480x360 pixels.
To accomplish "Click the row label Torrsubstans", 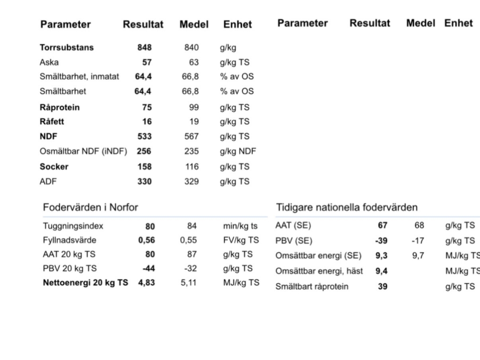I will tap(67, 47).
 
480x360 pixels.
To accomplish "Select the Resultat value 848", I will tap(144, 47).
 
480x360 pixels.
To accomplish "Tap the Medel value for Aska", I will tap(194, 62).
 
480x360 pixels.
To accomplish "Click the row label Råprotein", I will tap(60, 107).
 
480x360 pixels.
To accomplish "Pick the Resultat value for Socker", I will tap(144, 167).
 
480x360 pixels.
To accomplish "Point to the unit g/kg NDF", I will tap(238, 151).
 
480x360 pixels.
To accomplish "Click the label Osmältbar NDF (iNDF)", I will tap(84, 151).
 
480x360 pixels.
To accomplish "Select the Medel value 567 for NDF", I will tap(191, 137).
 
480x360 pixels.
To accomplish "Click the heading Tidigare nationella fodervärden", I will tap(347, 207).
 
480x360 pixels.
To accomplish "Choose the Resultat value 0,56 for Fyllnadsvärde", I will tap(147, 241).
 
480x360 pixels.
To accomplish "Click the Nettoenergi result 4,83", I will tap(147, 283).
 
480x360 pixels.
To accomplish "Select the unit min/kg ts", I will tap(240, 226).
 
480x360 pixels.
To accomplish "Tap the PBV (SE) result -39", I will tap(381, 241).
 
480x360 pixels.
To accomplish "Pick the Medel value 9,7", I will tap(418, 255).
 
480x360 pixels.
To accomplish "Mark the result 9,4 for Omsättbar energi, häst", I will tap(381, 271).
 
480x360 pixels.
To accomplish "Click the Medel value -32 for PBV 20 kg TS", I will tap(190, 269).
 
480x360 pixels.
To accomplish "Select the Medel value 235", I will tap(191, 151).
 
